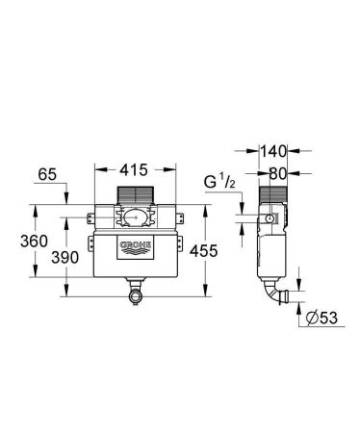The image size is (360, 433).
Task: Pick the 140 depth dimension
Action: coord(273,150)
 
